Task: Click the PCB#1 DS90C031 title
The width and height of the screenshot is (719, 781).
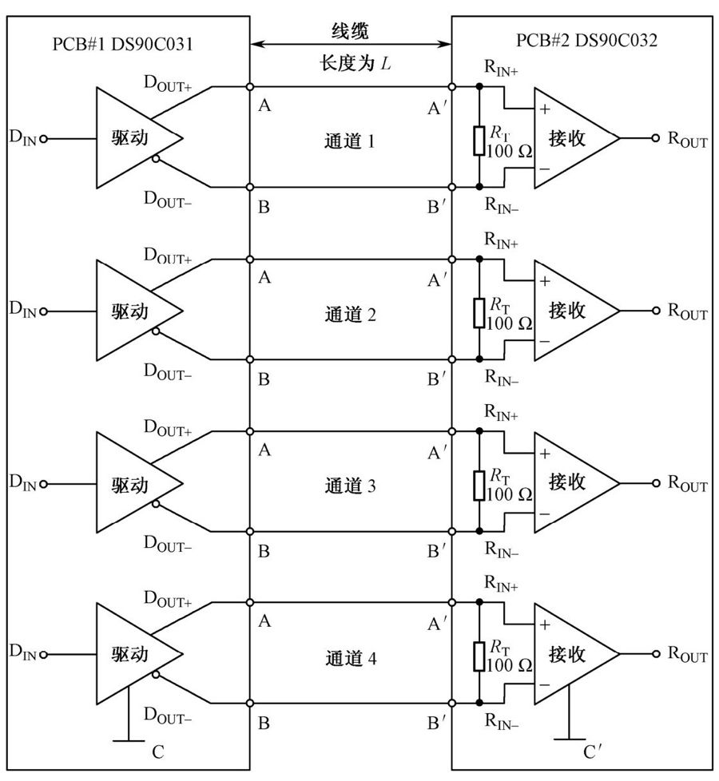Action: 122,44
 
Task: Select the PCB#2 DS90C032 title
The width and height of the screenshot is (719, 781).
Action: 586,40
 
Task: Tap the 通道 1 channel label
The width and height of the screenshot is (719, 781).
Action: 349,141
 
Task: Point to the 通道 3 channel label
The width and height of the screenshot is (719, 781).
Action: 350,486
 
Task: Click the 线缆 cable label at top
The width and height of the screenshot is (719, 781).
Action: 350,31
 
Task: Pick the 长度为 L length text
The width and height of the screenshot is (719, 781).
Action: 356,63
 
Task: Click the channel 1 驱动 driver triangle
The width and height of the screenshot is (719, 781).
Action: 140,138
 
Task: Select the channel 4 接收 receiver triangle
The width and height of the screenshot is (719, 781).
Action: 577,654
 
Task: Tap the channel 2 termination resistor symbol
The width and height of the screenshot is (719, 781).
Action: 479,313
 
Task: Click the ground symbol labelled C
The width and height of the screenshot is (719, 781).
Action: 129,741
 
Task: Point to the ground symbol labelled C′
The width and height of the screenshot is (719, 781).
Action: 569,739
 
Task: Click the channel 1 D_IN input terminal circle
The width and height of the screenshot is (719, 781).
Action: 43,139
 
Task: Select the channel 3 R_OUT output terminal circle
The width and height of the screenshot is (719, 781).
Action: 656,482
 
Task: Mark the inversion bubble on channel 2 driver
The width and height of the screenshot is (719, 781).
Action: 156,331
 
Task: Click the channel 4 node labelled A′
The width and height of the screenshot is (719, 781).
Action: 452,603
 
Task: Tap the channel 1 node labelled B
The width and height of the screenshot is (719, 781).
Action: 250,188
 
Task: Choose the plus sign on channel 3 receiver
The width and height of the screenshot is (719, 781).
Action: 545,454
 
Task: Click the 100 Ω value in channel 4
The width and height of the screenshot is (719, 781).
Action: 509,665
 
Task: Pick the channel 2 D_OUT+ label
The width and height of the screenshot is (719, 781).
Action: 168,255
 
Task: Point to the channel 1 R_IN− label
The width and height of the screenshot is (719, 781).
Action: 502,205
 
